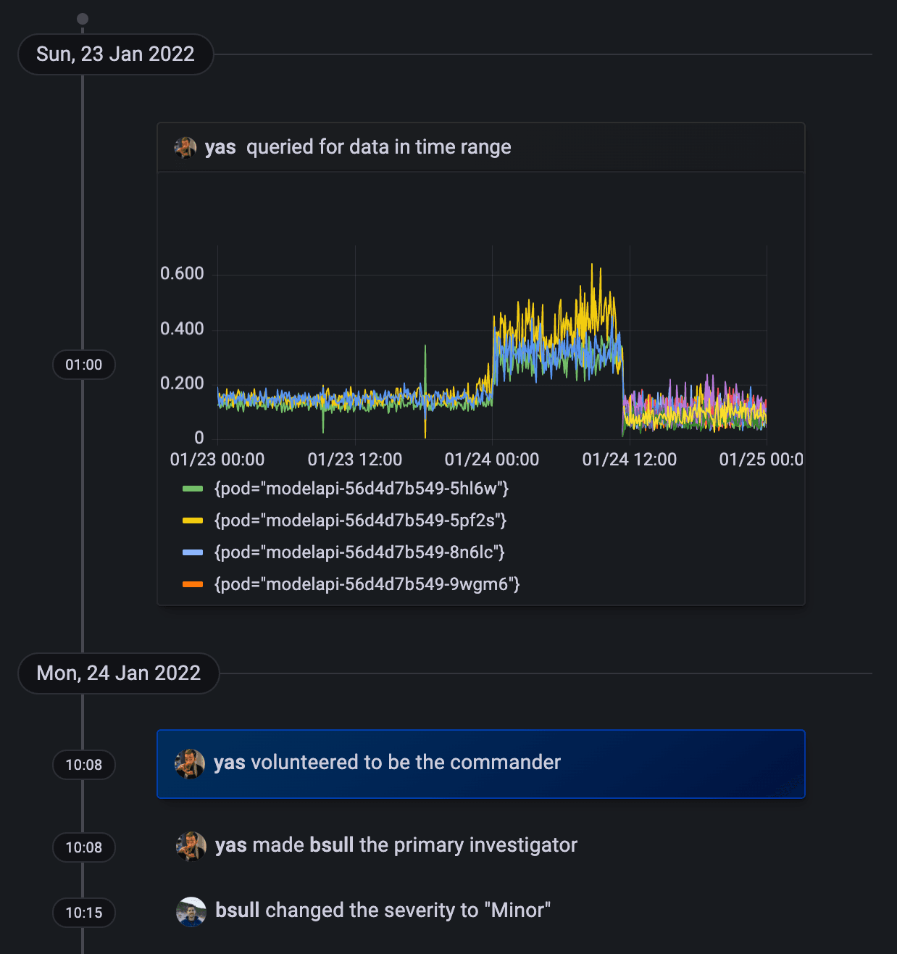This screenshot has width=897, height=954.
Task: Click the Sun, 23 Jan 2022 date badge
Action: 115,54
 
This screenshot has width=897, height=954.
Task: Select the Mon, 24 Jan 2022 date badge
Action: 118,673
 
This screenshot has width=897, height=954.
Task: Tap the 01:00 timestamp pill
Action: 84,365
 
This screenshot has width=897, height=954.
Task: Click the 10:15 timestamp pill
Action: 84,913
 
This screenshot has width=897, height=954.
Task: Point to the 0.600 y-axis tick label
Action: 182,273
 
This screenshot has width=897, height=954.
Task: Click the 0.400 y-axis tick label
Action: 182,328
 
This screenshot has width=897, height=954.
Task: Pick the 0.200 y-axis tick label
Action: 182,383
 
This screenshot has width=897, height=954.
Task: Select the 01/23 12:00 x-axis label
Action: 354,460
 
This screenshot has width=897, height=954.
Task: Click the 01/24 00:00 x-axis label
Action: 491,460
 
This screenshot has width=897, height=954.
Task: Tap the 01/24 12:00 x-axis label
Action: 629,460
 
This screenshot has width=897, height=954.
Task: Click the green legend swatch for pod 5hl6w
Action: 193,489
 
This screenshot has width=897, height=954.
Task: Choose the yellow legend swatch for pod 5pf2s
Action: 193,520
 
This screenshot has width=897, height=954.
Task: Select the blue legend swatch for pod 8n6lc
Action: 193,552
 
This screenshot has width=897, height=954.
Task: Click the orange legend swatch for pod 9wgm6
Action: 193,584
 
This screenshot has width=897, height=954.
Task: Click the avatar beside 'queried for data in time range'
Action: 185,147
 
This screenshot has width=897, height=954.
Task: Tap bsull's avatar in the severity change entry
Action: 191,911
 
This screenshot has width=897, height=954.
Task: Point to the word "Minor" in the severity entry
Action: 517,911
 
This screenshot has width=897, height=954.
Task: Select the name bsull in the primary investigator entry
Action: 332,845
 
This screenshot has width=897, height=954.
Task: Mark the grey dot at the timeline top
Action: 83,19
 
